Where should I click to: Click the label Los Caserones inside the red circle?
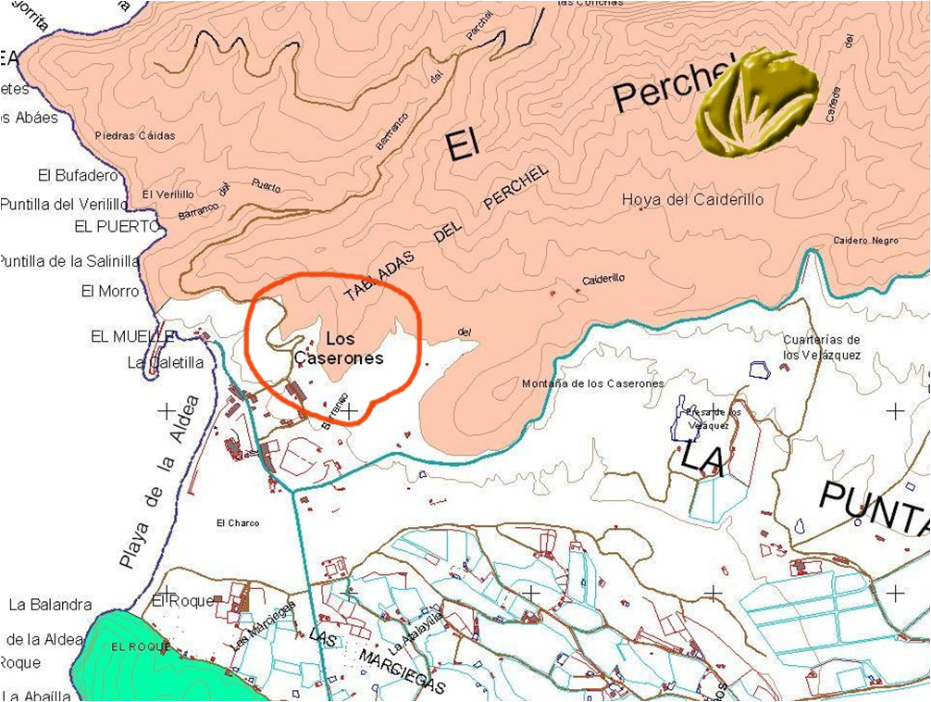point(339,349)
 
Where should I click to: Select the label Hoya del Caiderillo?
point(693,199)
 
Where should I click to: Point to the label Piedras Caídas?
point(135,136)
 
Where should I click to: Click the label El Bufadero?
point(79,175)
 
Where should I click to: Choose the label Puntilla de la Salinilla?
point(68,262)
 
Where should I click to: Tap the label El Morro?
point(110,292)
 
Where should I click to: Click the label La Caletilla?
point(166,362)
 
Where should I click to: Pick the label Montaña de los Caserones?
point(592,383)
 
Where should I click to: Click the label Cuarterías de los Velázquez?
point(822,346)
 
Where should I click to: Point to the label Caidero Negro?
point(865,240)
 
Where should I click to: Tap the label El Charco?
point(238,523)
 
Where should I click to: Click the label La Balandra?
point(51,605)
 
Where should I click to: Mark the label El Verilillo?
point(168,194)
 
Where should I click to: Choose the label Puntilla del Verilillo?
point(63,204)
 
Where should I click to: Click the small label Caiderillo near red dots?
point(603,279)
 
